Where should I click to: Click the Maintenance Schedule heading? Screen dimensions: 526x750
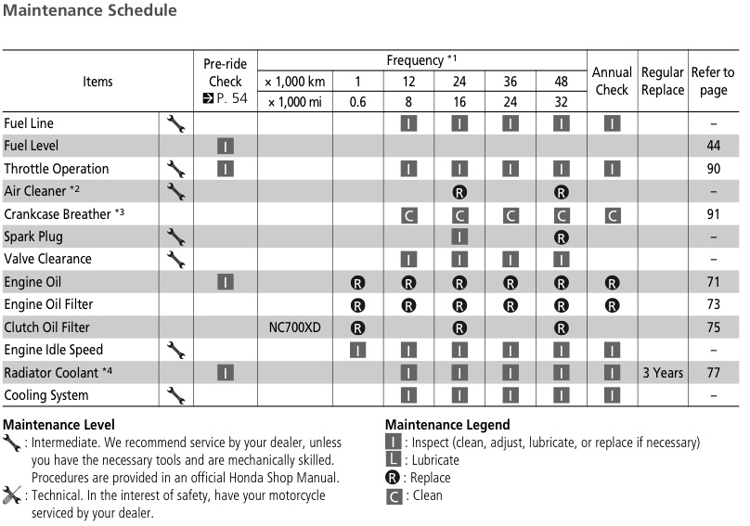pos(89,11)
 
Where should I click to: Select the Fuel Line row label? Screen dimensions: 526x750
pos(29,123)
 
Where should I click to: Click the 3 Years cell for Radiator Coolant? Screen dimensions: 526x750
pos(662,373)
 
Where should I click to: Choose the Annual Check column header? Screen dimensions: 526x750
pos(612,81)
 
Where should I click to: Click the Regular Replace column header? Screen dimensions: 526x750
pos(662,81)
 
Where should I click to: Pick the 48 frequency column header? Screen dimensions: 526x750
pos(561,82)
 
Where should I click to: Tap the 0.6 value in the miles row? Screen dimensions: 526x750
pos(357,102)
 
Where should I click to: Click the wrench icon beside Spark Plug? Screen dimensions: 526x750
pos(175,237)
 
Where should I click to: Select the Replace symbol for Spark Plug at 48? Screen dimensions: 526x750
pos(561,237)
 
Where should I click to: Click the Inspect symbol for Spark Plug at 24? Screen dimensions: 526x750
pos(459,237)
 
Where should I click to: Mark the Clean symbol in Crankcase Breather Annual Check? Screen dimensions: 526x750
pos(612,214)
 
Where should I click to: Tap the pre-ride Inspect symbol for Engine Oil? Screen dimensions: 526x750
pos(225,282)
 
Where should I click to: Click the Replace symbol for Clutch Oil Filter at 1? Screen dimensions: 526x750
pos(357,327)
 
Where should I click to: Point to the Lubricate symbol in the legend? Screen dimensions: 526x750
pos(394,460)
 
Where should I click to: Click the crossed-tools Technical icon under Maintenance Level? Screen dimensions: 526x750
pos(12,495)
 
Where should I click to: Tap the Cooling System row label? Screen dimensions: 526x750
pos(46,395)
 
